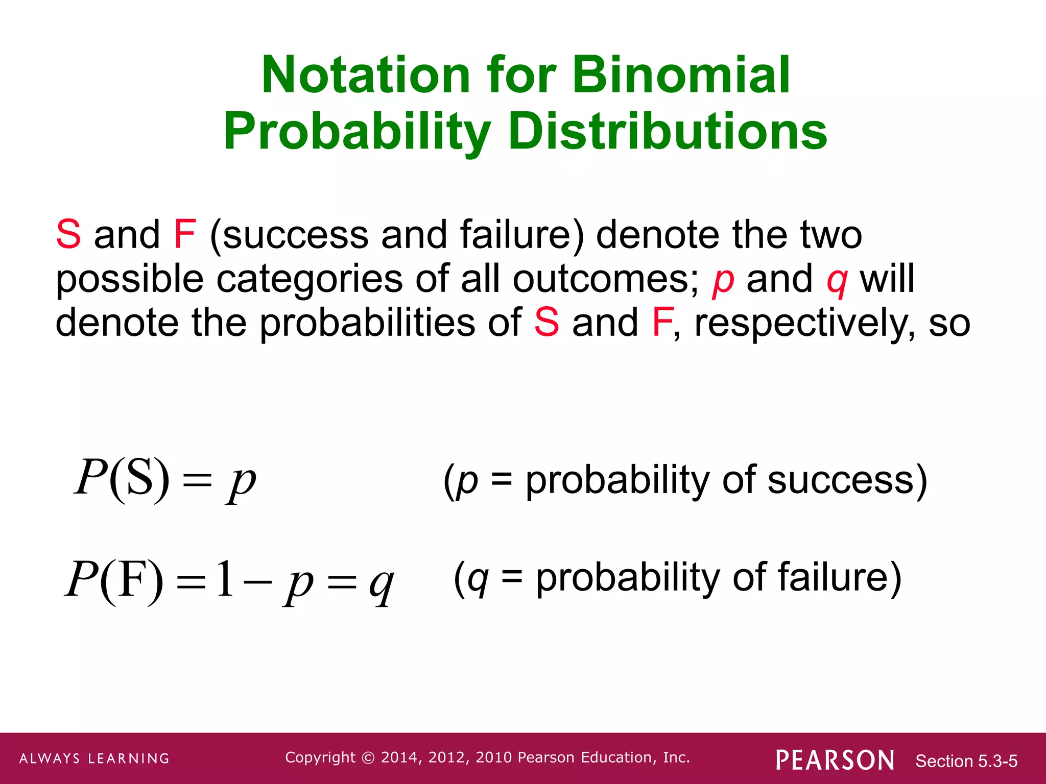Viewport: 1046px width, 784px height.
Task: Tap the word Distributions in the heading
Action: pyautogui.click(x=668, y=132)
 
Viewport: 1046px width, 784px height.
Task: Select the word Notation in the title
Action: pyautogui.click(x=366, y=76)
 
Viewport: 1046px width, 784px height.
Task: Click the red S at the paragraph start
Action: pyautogui.click(x=68, y=235)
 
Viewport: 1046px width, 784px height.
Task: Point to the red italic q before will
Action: pyautogui.click(x=837, y=281)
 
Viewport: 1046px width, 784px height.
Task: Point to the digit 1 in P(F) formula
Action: pyautogui.click(x=225, y=579)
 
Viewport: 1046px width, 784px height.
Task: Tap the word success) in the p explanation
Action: pyautogui.click(x=847, y=480)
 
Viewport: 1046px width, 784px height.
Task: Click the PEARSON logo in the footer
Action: pyautogui.click(x=835, y=760)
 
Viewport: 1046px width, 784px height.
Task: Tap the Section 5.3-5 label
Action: pyautogui.click(x=966, y=761)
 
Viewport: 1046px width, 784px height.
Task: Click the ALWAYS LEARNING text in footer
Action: pyautogui.click(x=94, y=758)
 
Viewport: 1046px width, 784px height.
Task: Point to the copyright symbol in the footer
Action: pyautogui.click(x=368, y=757)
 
